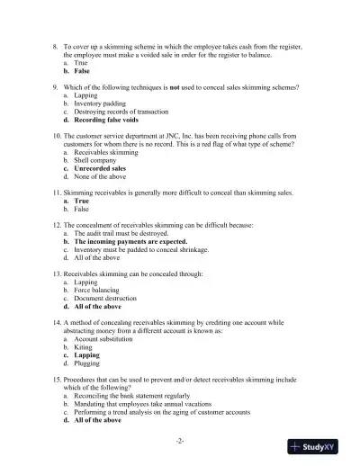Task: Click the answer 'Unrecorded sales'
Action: click(100, 167)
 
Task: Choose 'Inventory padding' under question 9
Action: click(99, 103)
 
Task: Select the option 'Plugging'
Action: click(88, 363)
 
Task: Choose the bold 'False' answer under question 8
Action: click(85, 70)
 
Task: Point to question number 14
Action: click(56, 321)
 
